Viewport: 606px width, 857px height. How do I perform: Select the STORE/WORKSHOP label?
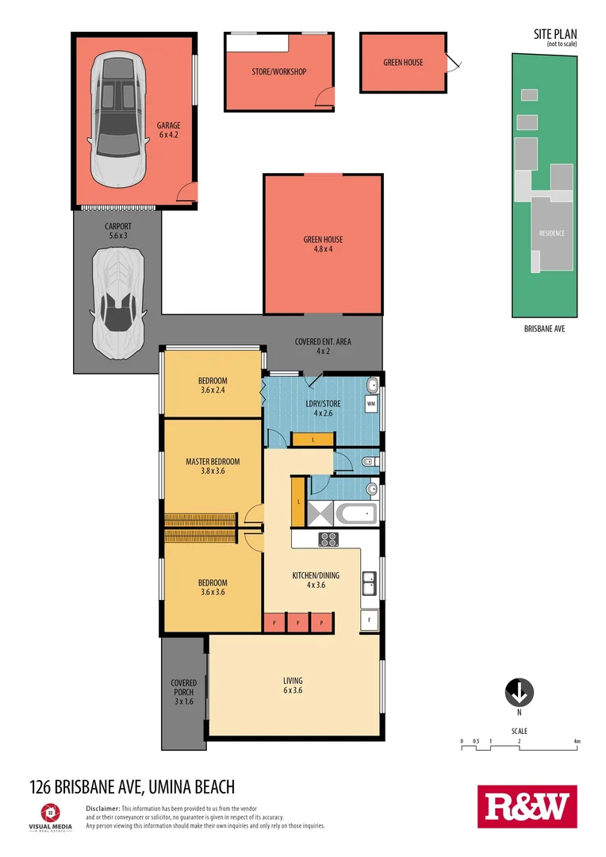(278, 72)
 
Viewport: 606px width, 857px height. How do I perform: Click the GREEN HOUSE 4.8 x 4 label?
(323, 244)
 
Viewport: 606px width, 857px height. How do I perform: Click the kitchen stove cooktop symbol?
(328, 540)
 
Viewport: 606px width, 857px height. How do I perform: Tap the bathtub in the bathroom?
(355, 514)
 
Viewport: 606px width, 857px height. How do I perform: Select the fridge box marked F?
(370, 620)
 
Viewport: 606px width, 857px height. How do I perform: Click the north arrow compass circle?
(519, 693)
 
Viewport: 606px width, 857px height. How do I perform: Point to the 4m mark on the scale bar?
(577, 741)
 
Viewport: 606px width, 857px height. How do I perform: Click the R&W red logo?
(527, 807)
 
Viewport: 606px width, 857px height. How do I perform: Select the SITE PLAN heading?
(555, 33)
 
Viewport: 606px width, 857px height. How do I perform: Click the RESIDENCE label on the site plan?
(552, 233)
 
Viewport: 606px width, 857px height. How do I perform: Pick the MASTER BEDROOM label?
(213, 467)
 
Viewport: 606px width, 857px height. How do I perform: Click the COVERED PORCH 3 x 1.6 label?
(183, 692)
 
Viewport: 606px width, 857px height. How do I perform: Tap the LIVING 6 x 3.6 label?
(293, 686)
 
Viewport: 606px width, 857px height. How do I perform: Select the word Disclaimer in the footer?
(102, 808)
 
